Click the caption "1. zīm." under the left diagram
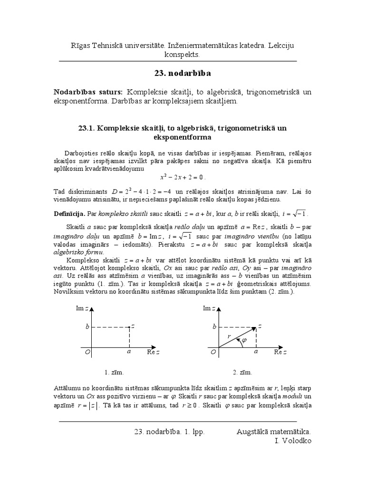tap(114, 372)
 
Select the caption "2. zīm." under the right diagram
tap(242, 372)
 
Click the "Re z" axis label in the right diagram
tap(280, 352)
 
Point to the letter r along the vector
tap(229, 336)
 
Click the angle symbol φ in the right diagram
tap(245, 340)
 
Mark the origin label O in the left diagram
tap(87, 352)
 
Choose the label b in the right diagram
tap(214, 327)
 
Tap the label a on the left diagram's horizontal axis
tap(129, 352)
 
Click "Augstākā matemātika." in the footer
tap(274, 431)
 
